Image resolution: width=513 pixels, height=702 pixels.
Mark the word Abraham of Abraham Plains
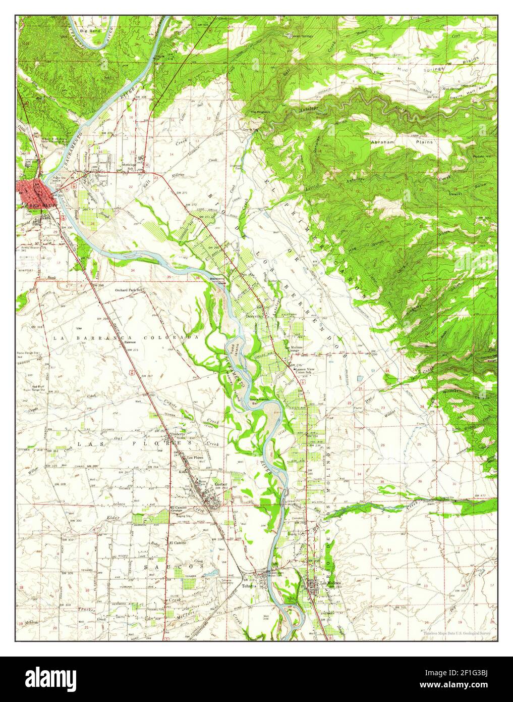tap(382, 142)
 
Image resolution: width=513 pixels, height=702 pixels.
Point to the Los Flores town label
tap(195, 458)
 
